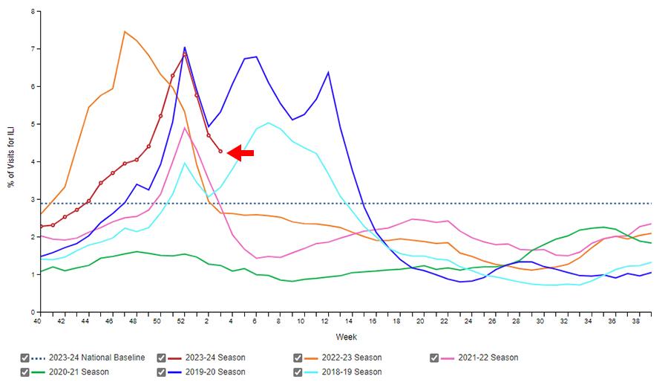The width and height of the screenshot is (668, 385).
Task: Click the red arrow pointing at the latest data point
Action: (x=240, y=153)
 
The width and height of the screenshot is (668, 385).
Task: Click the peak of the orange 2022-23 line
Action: (x=125, y=31)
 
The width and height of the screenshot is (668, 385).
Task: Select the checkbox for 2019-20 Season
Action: (x=162, y=372)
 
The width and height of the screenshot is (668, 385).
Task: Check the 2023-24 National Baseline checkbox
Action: (x=26, y=357)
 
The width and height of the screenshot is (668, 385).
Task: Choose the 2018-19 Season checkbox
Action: (x=298, y=372)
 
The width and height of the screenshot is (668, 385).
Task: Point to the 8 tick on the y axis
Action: (x=31, y=12)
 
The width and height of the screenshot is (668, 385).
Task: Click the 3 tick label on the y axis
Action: (x=31, y=199)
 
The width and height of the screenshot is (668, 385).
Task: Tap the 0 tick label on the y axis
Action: (x=31, y=312)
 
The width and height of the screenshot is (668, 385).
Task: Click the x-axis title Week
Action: (x=345, y=337)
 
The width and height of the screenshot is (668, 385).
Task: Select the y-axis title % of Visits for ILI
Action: (x=12, y=161)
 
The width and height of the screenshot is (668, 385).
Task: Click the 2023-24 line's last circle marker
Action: (x=220, y=152)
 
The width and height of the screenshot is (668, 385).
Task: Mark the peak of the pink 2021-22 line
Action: (x=185, y=128)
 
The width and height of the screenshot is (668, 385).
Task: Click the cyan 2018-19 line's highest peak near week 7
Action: (x=268, y=123)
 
